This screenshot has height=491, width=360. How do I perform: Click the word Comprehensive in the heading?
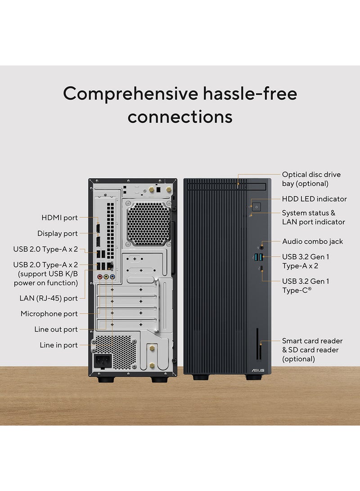tap(130, 94)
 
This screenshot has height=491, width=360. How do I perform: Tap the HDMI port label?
tap(59, 218)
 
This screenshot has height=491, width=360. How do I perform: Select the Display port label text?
tap(57, 234)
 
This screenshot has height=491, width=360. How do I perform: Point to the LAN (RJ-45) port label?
tap(49, 298)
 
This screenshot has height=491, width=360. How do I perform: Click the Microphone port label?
tap(49, 314)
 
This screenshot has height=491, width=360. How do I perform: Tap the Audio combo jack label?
tap(312, 242)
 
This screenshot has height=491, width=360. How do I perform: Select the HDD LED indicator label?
tap(314, 199)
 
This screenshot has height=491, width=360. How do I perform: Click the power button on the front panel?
tap(256, 207)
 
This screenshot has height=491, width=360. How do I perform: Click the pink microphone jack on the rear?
tap(100, 278)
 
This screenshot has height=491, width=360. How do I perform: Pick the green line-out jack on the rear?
tap(106, 278)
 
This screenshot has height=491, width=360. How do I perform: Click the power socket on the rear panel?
tap(102, 361)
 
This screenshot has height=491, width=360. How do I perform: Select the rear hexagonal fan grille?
tap(148, 224)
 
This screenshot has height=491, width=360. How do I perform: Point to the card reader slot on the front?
tap(258, 344)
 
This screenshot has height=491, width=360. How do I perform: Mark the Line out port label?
tap(56, 329)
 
